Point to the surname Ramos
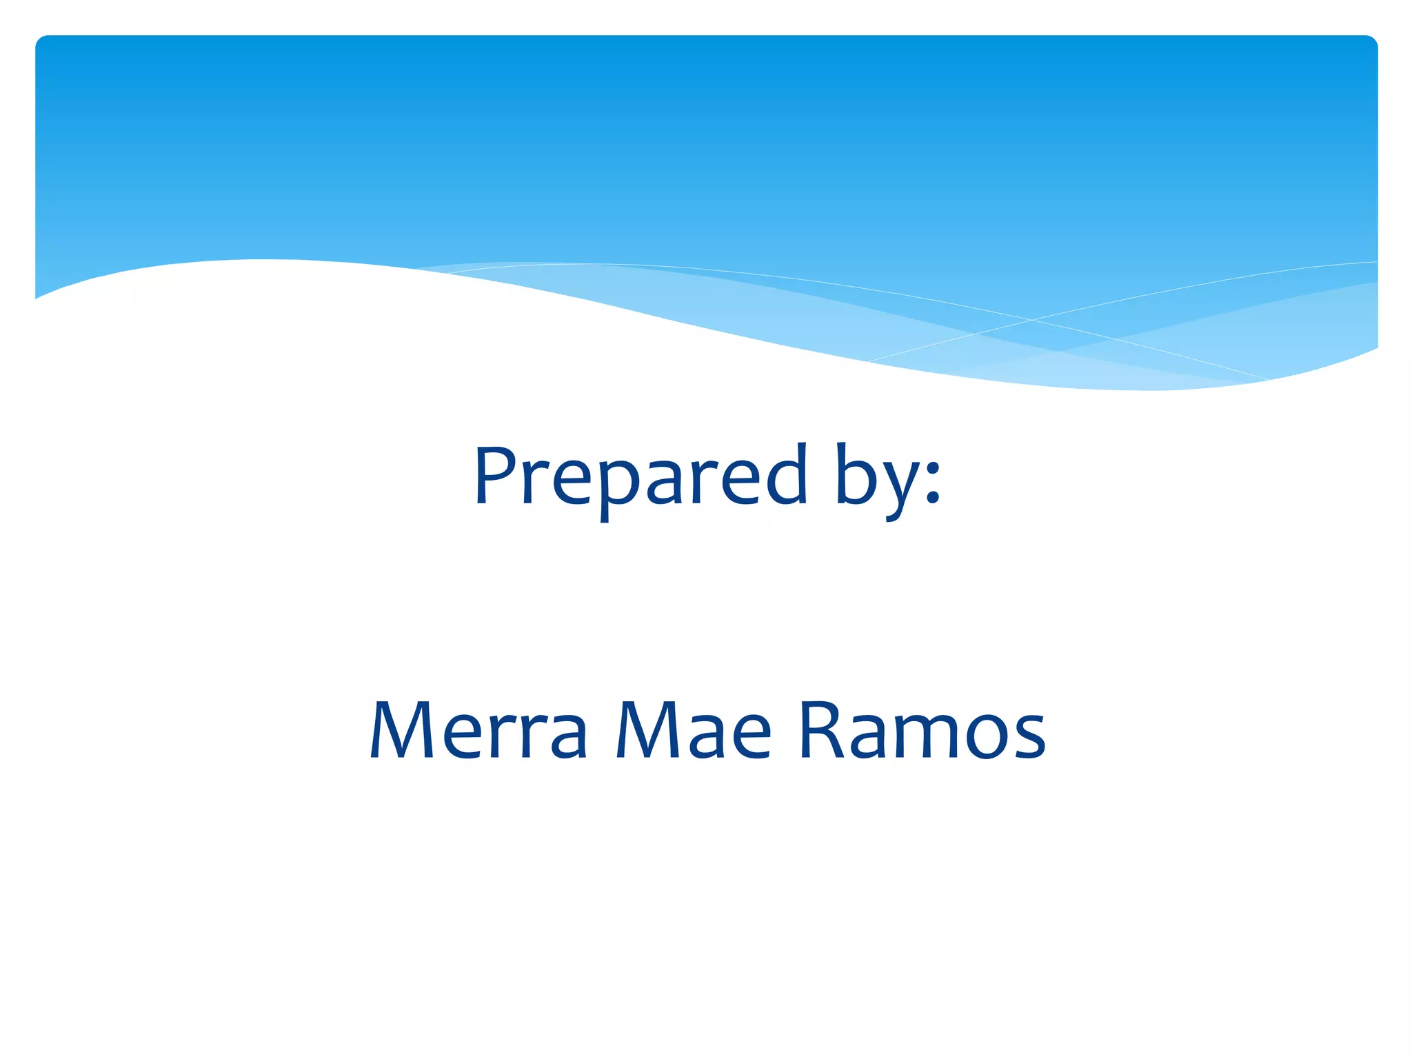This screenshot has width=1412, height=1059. click(922, 731)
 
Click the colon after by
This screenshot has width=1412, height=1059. click(932, 482)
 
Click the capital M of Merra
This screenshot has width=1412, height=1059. click(403, 731)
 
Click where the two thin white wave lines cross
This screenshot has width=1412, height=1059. click(1032, 320)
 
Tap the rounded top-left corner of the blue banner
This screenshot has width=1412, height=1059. click(41, 41)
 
